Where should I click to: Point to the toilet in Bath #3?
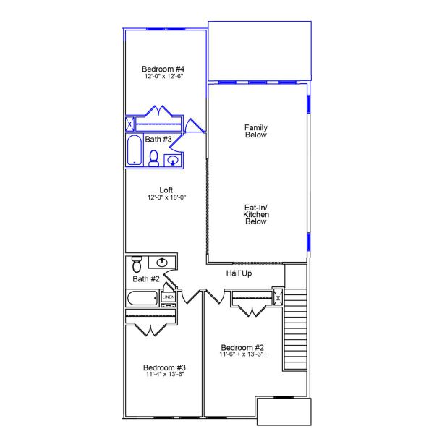(153, 158)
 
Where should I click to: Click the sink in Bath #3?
(173, 161)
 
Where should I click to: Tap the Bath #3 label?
(158, 139)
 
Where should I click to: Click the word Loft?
(166, 190)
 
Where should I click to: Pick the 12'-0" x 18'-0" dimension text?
(166, 197)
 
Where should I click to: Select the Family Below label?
(256, 131)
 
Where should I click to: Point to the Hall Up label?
(239, 273)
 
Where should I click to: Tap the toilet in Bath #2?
(135, 265)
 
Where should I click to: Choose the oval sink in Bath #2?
(163, 262)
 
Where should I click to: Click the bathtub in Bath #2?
(142, 298)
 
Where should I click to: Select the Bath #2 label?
(146, 278)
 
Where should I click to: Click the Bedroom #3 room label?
(165, 367)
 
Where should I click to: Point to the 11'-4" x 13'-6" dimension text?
(165, 375)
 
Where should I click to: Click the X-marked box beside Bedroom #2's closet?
(277, 297)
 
